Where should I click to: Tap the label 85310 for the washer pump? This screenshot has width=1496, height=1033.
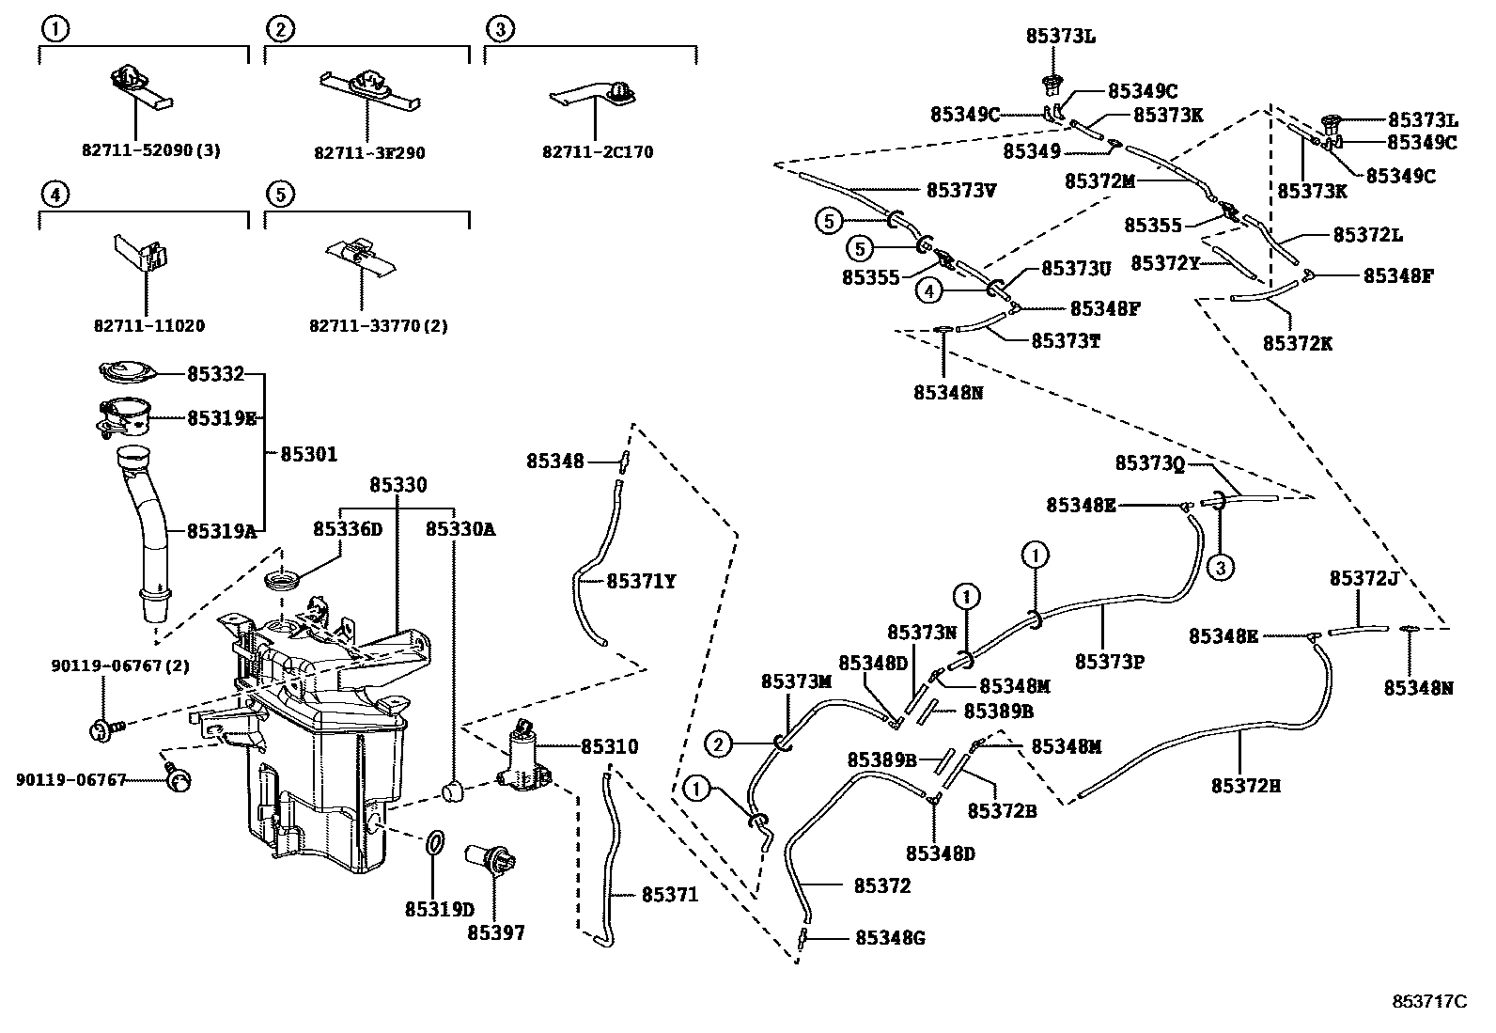tap(609, 747)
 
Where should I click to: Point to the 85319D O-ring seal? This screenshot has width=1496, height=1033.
tap(435, 842)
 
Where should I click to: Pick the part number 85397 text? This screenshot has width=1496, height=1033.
tap(496, 933)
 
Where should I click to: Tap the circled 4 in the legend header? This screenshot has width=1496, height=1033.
tap(55, 195)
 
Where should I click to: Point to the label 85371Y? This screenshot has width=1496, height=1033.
tap(641, 582)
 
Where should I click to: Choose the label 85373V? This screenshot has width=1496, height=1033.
tap(961, 190)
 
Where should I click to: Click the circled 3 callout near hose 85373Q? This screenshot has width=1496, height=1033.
tap(1221, 567)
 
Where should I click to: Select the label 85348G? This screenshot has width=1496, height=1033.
tap(890, 938)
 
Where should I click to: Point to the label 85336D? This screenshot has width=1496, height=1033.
tap(348, 529)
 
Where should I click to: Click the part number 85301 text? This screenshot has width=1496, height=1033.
tap(309, 454)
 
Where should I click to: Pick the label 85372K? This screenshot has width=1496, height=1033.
tap(1298, 343)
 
